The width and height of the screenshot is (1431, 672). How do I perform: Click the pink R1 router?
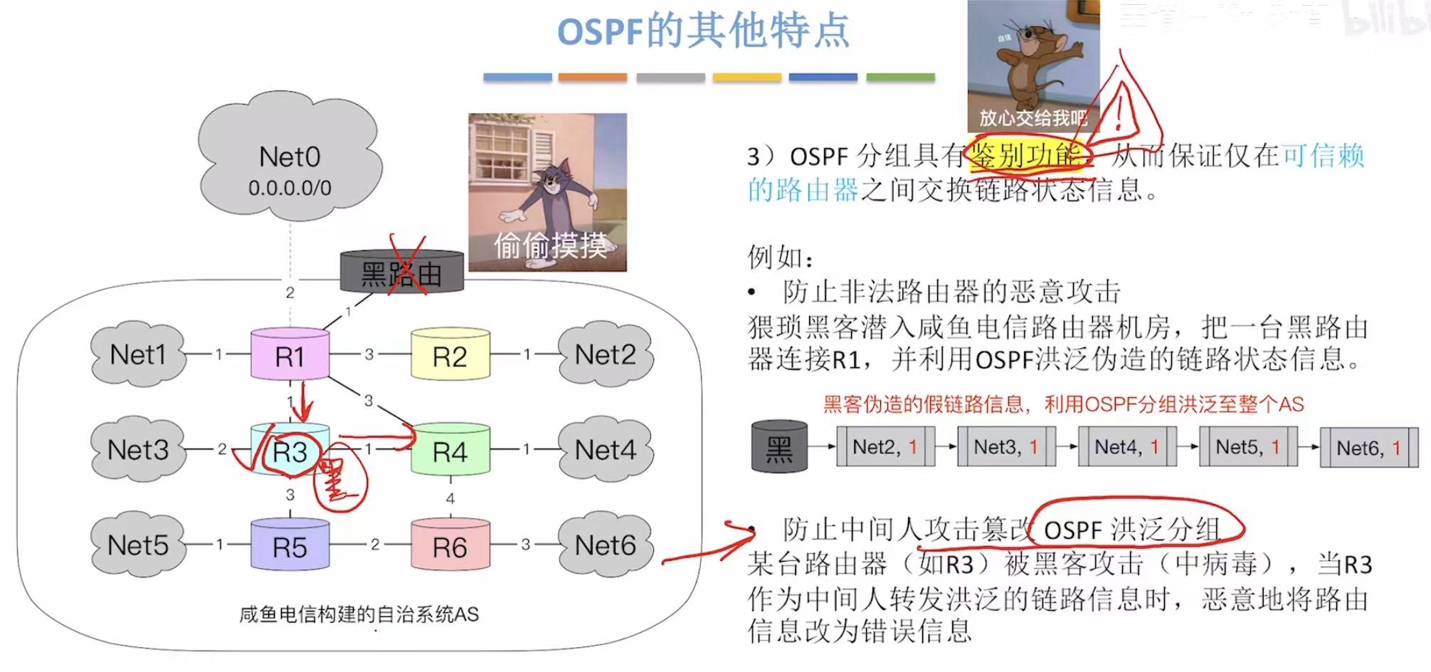290,355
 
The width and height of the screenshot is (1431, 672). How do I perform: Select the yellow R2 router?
450,355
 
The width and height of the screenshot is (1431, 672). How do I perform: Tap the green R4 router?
450,450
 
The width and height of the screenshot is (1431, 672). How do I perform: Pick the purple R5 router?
290,545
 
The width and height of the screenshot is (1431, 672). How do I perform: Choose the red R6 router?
450,545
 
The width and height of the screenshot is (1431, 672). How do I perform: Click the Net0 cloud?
290,164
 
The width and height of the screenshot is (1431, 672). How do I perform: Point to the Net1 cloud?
138,354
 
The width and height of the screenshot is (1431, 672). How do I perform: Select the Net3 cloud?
138,449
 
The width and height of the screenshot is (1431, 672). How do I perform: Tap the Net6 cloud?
606,545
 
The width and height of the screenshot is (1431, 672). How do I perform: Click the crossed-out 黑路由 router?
402,273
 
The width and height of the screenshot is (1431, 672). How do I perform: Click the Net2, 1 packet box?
885,447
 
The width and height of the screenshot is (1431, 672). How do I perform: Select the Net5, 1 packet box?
1248,447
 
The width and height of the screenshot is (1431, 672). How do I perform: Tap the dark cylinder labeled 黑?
779,446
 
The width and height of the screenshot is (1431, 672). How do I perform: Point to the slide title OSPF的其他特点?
703,32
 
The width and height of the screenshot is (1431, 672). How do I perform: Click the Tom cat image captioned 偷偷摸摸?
547,192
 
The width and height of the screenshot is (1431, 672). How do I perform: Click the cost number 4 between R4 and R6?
450,498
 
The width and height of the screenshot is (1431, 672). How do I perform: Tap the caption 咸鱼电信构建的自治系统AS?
359,614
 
